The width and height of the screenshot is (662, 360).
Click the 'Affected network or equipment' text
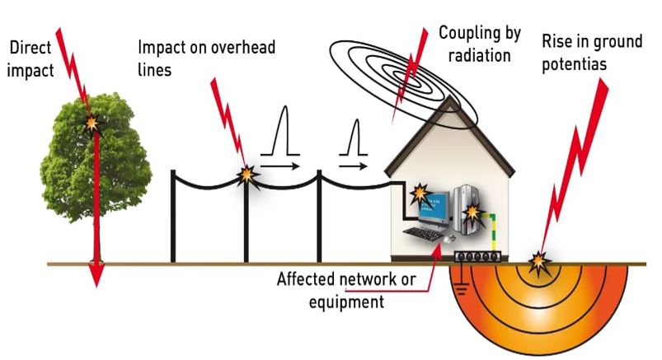pyautogui.click(x=346, y=290)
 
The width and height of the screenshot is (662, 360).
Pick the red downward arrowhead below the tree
pyautogui.click(x=96, y=275)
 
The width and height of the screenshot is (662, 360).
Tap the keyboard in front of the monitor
pyautogui.click(x=425, y=235)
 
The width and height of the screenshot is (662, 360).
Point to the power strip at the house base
pyautogui.click(x=478, y=256)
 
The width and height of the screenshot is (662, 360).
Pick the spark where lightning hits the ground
pyautogui.click(x=539, y=262)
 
